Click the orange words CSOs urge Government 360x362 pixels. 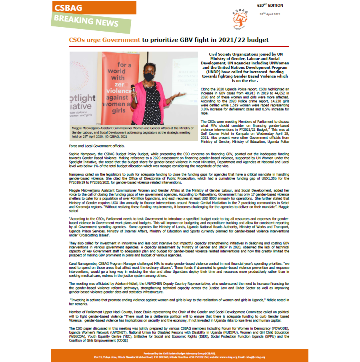click(x=104, y=40)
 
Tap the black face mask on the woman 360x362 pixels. click(x=149, y=76)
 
